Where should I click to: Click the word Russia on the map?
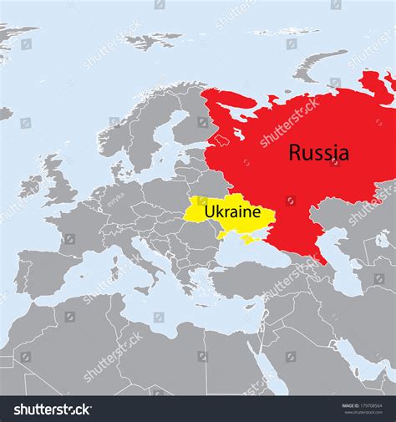pyautogui.click(x=319, y=152)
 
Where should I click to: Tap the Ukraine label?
pyautogui.click(x=233, y=213)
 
